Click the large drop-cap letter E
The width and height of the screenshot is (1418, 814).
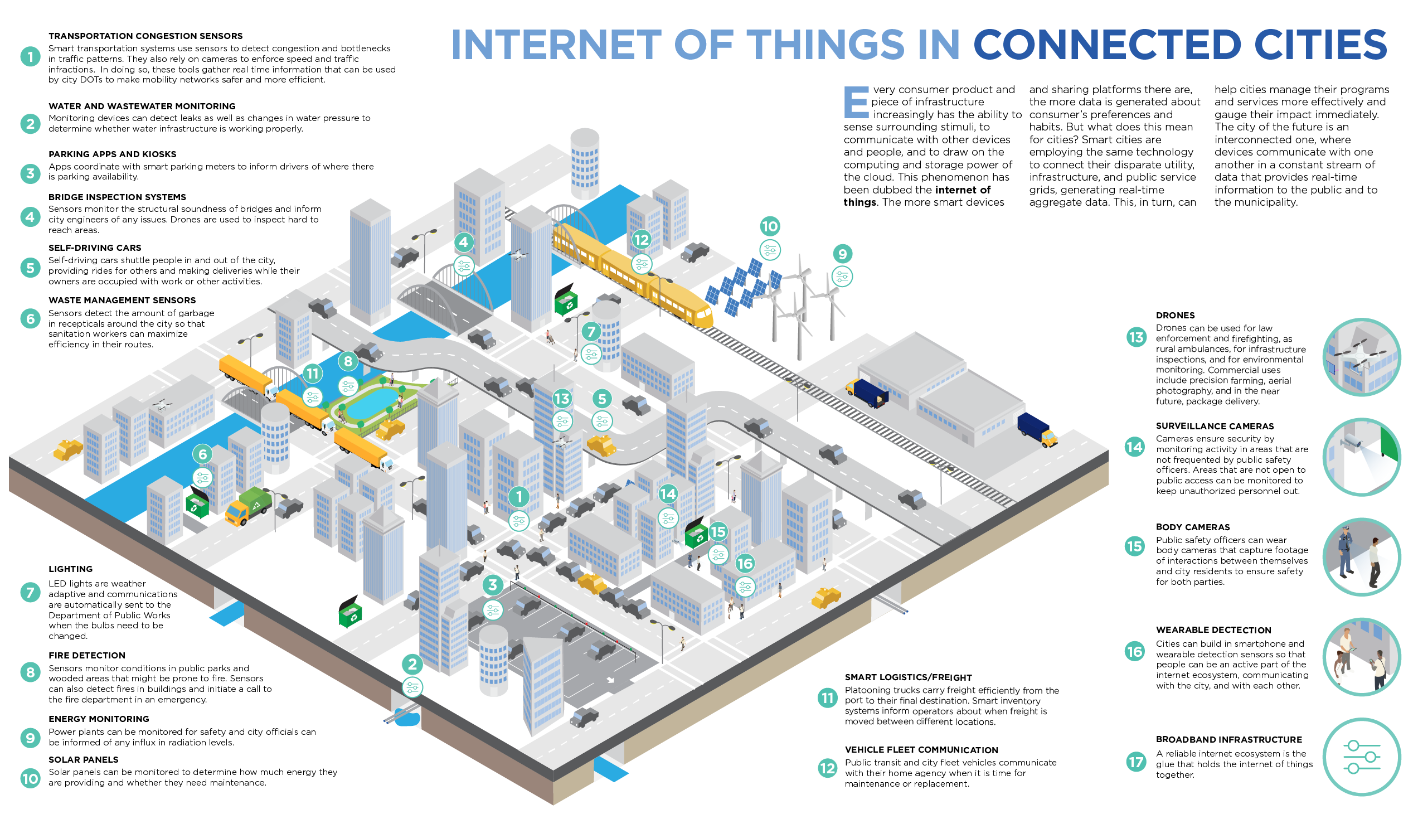856,103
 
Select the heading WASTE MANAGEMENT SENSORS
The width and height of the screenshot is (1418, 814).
122,300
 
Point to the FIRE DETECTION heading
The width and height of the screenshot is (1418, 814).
86,655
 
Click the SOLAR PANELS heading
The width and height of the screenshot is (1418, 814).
83,759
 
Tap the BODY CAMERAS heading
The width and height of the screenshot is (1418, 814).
1192,527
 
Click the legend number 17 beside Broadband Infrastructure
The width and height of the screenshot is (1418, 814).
1135,762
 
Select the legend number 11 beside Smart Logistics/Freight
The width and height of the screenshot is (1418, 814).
827,697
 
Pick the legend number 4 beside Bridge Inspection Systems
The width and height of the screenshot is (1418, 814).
30,217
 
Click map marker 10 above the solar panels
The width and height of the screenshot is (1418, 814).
770,226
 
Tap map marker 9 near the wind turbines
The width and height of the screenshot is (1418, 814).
842,254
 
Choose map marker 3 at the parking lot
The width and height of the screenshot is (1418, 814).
492,585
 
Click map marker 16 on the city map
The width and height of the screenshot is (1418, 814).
745,564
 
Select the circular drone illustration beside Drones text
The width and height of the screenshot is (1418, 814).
1361,357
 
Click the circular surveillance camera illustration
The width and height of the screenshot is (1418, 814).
1361,457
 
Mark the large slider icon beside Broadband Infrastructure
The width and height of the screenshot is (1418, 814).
1361,757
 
